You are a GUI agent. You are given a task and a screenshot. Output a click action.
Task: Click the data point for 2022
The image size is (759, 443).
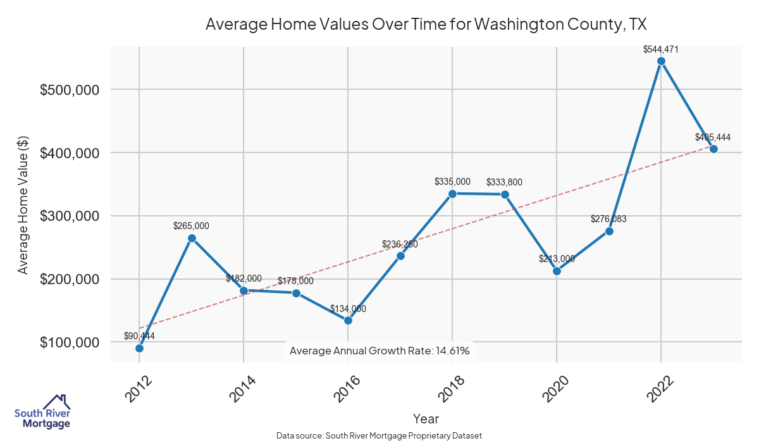tap(661, 61)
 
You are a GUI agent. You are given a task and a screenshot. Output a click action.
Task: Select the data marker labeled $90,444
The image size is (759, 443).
tap(139, 348)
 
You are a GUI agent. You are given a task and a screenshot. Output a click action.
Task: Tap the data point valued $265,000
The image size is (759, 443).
tap(192, 238)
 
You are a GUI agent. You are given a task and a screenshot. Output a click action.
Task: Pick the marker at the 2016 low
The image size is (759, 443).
tap(348, 320)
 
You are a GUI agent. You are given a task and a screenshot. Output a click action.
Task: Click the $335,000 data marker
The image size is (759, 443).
tap(452, 194)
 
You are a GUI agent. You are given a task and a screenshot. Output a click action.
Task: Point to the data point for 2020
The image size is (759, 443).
tap(557, 271)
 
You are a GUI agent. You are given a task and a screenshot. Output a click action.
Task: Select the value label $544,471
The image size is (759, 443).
tap(661, 49)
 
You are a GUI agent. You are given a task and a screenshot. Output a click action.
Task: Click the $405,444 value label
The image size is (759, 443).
tap(713, 137)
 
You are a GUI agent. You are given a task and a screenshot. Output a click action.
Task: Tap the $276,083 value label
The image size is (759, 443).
tap(608, 219)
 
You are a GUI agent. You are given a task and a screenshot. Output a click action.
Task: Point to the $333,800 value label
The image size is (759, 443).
tap(504, 182)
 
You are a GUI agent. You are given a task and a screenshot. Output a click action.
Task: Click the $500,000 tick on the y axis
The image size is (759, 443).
tap(70, 90)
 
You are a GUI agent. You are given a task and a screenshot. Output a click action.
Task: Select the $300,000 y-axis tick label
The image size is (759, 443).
tap(70, 216)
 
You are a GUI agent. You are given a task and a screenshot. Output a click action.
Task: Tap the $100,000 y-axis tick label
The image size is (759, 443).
tap(70, 342)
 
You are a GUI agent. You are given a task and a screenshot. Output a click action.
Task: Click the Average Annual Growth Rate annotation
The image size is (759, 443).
tap(379, 351)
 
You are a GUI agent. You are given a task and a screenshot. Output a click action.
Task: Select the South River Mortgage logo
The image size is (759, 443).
tap(42, 413)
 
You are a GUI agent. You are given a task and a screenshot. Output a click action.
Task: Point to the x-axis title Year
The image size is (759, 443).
tap(426, 418)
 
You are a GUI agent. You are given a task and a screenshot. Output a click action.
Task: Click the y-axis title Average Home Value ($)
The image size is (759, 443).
tap(23, 203)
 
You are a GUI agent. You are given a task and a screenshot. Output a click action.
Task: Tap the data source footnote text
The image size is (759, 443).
tap(379, 435)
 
